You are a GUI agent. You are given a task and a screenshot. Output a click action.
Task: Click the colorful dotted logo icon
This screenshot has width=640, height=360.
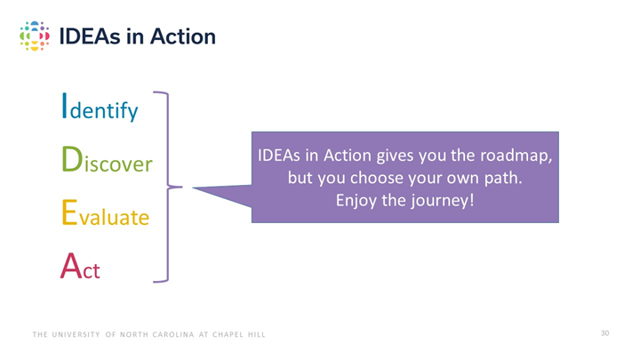click(34, 36)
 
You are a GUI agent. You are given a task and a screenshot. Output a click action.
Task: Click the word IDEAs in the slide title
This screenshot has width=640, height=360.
click(87, 36)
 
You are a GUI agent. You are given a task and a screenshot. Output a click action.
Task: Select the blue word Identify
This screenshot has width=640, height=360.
click(99, 108)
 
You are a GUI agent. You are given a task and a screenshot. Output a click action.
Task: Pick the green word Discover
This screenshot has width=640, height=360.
click(106, 161)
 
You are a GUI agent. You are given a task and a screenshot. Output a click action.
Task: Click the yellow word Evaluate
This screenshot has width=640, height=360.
click(104, 214)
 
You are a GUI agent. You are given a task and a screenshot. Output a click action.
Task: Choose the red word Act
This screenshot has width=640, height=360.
click(80, 267)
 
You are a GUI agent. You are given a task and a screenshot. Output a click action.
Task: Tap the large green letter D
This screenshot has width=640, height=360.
click(70, 159)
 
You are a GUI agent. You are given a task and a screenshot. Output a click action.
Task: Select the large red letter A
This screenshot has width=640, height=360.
click(70, 266)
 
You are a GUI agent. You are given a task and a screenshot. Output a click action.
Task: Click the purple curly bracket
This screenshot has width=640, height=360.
click(166, 187)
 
